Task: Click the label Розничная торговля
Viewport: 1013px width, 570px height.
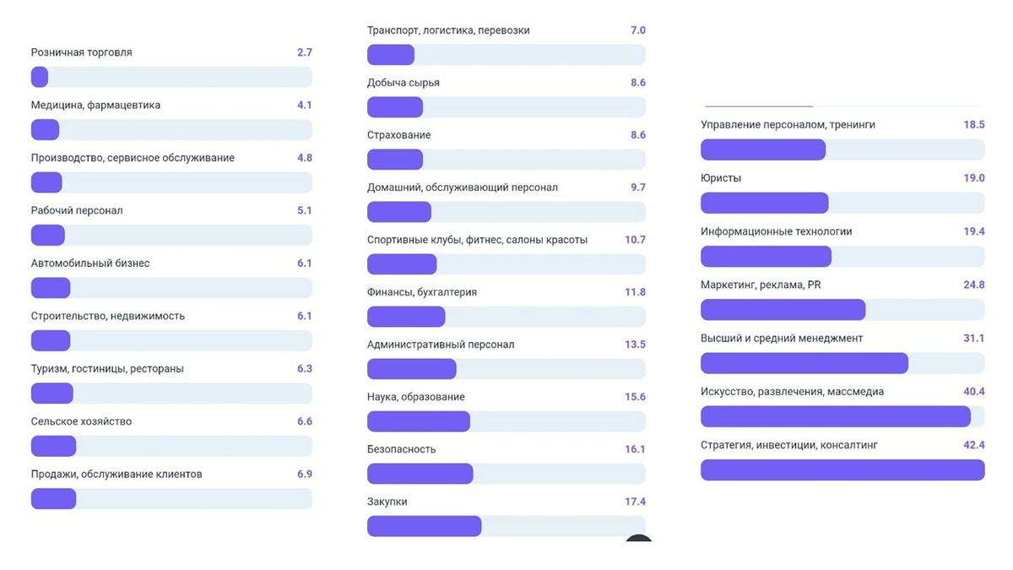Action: coord(81,52)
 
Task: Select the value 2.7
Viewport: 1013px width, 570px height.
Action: coord(304,52)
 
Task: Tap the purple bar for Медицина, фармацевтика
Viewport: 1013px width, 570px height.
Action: coord(45,130)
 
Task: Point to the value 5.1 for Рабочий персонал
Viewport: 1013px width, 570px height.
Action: coord(304,210)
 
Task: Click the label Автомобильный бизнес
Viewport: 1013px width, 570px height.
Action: coord(90,263)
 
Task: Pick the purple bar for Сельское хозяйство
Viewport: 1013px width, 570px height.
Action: coord(53,446)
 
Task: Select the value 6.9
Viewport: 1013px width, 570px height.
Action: coord(304,474)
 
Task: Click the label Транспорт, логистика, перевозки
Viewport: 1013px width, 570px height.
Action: coord(448,30)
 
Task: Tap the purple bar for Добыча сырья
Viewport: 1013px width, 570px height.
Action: coord(394,107)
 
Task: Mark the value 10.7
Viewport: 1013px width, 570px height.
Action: coord(635,240)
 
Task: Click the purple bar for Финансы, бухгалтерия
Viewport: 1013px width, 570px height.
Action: coord(405,317)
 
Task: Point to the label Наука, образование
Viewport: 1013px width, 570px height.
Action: coord(415,397)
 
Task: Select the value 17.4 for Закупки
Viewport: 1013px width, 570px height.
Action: coord(635,502)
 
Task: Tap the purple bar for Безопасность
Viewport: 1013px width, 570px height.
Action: coord(420,474)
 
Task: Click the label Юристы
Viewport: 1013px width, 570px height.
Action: coord(721,178)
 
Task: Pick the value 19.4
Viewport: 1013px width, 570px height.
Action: coord(974,231)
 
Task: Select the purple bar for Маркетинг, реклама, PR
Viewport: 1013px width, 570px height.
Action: coord(783,310)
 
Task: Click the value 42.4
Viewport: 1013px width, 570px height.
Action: coord(974,445)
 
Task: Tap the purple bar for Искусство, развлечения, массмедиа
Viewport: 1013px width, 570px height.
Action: coord(835,416)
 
